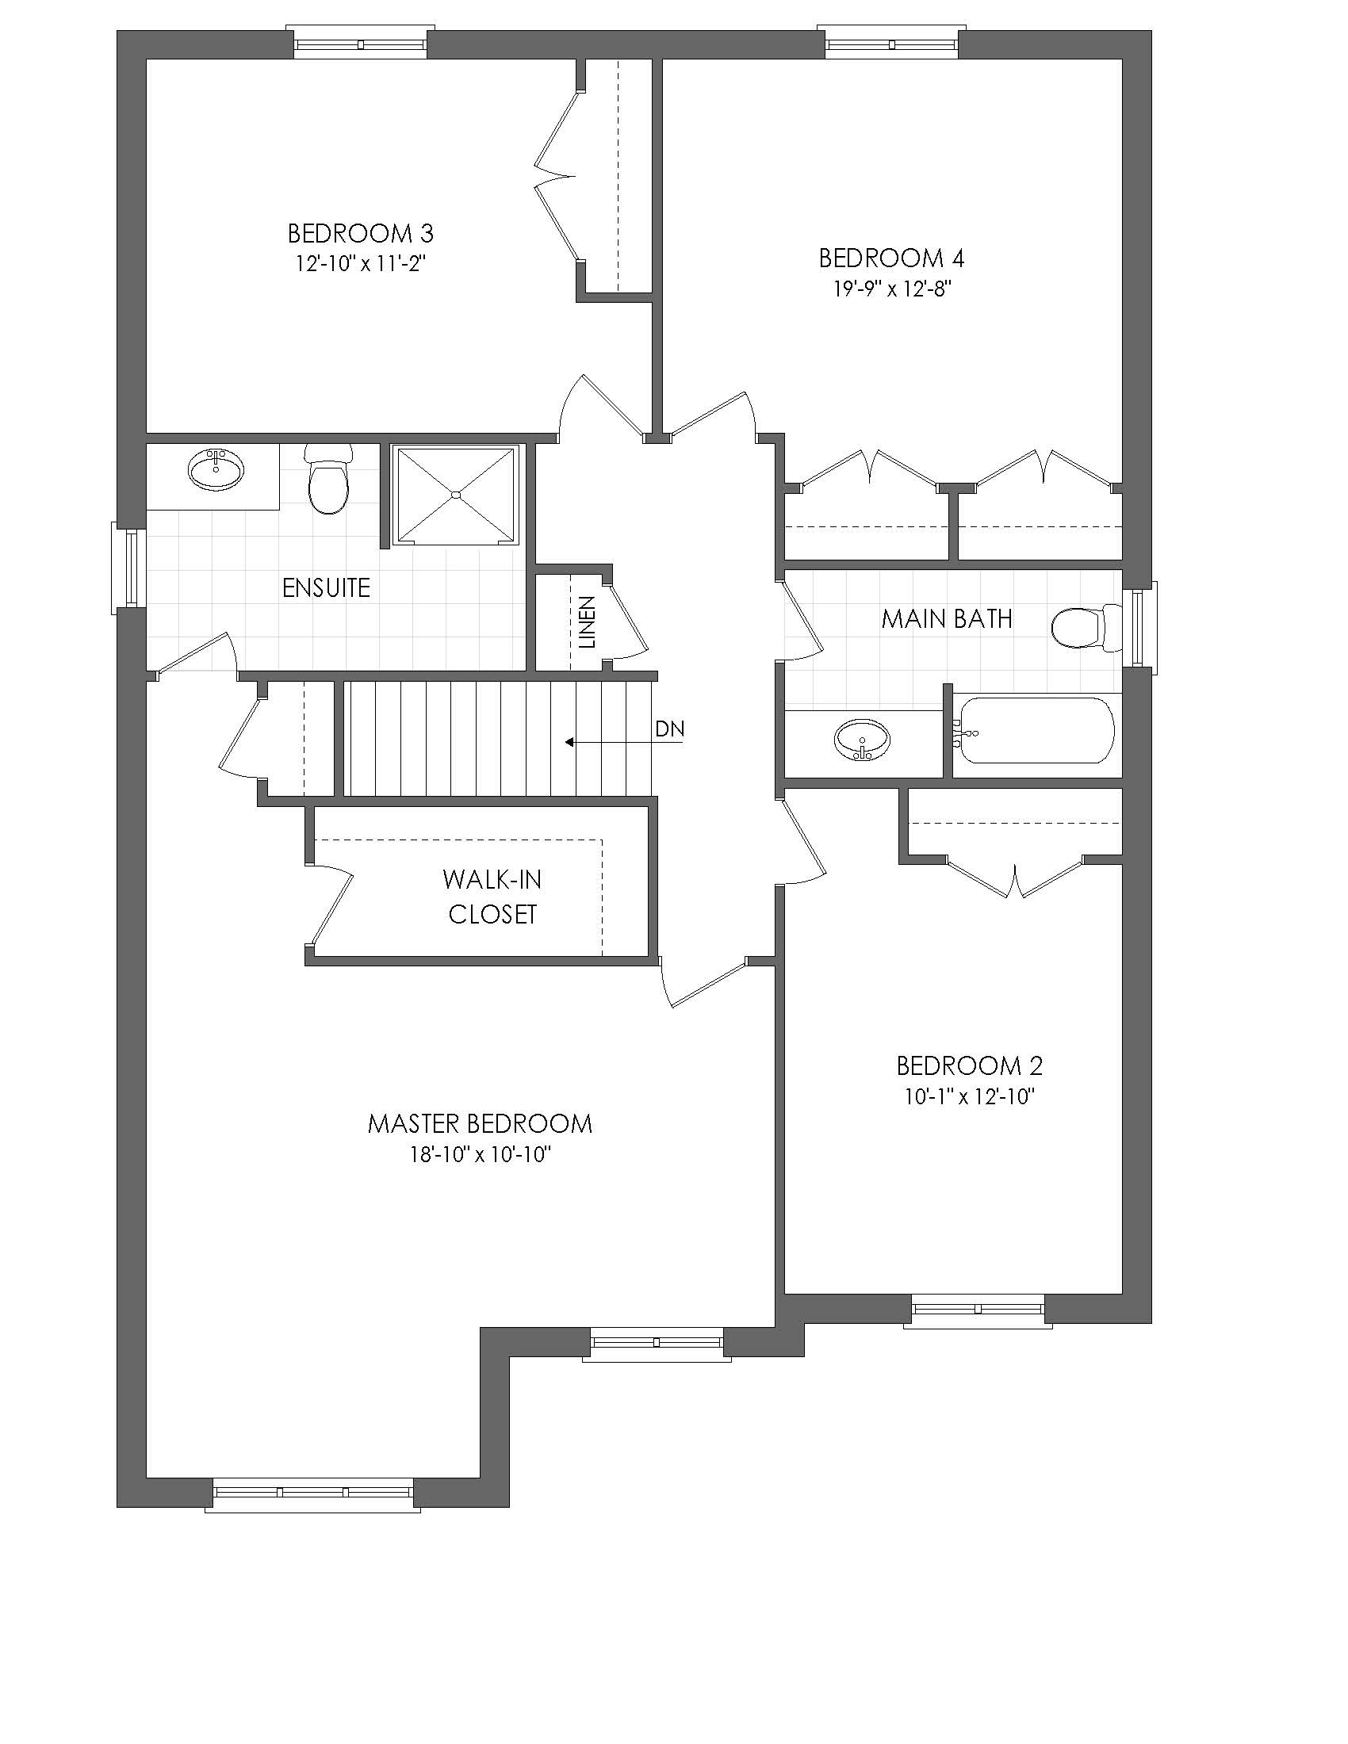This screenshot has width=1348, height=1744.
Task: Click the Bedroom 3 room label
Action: coord(360,233)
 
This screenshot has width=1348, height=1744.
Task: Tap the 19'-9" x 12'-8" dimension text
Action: coord(892,289)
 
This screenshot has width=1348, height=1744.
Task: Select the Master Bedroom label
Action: coord(480,1123)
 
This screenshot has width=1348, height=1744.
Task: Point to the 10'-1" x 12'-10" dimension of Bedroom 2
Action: coord(970,1096)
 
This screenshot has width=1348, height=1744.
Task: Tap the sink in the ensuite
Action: coord(216,469)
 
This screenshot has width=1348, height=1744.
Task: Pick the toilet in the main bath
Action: coord(1087,628)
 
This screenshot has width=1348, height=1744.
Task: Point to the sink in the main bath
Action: coord(863,740)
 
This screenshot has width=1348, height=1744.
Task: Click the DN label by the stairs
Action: coord(669,729)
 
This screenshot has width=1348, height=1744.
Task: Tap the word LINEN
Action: coord(588,622)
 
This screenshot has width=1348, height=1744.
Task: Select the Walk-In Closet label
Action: coord(492,897)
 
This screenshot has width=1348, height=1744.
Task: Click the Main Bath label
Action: coord(947,618)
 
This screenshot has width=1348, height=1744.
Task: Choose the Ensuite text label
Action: coord(327,587)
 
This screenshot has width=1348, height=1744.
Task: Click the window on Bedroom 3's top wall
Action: coord(361,42)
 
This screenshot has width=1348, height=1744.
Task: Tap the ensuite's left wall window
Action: coord(128,568)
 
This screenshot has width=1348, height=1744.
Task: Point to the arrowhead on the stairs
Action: coord(570,742)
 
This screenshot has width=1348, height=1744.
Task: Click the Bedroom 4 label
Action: coord(891,258)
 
